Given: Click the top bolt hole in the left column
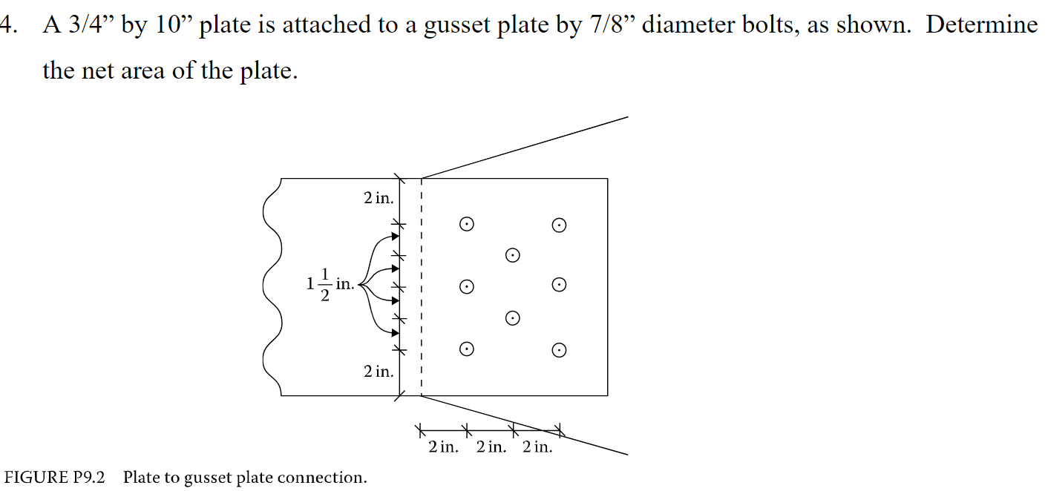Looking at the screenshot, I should coord(466,223).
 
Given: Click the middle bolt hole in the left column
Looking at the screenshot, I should coord(466,286).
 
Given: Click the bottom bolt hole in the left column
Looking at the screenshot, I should coord(466,349).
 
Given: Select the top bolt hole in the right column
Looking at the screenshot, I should coord(560,225).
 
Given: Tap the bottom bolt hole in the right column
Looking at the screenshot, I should coord(560,349).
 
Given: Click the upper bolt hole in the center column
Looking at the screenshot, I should coord(512,255).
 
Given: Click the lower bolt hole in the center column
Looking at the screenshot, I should coord(512,317).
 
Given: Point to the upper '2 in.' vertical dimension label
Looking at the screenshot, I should coord(379,198).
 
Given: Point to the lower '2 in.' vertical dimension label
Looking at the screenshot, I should coord(379,372).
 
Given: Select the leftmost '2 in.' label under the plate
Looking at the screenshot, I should coord(444,447).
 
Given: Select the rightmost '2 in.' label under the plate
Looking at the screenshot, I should coord(537,447).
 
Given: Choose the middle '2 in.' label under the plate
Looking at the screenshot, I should coord(491,447).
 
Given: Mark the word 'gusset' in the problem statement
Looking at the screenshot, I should coord(457,27).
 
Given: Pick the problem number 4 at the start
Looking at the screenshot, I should coord(7,25).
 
